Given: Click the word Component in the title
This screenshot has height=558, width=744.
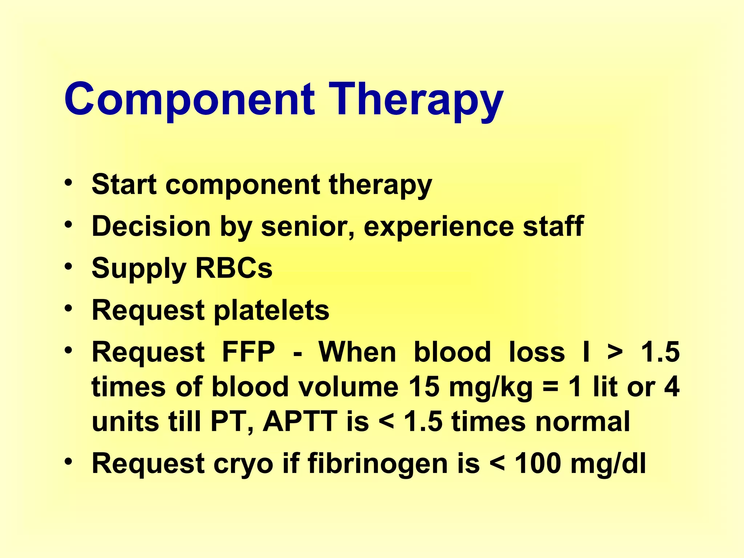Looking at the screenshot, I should [x=189, y=99].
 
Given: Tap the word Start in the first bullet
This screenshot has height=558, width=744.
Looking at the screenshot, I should [x=124, y=184].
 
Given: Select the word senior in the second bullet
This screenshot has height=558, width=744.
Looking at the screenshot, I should [x=307, y=226].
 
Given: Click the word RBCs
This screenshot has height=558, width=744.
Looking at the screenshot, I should [x=234, y=268].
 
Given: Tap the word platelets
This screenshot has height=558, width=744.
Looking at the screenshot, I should [x=271, y=310].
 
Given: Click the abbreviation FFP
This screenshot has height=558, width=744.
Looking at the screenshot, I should [x=248, y=352].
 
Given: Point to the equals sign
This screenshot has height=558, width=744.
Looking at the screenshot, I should [x=550, y=387].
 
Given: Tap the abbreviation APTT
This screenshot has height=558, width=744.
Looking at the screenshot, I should [x=300, y=421].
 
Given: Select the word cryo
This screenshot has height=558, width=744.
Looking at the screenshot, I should [x=243, y=464].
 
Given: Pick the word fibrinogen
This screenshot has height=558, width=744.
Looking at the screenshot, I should [x=377, y=464].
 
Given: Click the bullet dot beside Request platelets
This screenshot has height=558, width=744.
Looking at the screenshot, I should [x=68, y=308].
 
